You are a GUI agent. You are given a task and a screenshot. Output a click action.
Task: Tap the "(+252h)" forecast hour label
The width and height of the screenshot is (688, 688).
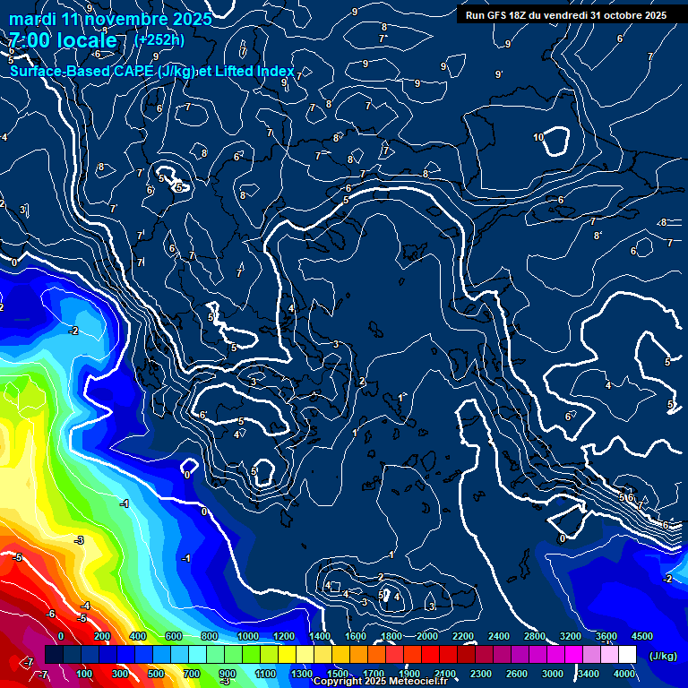[159, 39]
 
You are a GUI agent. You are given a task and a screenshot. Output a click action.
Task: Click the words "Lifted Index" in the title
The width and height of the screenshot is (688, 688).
[253, 71]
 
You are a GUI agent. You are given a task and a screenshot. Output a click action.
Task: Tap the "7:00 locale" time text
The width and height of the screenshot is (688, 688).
[62, 41]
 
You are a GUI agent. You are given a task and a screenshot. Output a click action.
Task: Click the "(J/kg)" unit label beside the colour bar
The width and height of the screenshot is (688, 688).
[662, 657]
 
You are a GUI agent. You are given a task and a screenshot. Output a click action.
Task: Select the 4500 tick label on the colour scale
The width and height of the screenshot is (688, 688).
[641, 636]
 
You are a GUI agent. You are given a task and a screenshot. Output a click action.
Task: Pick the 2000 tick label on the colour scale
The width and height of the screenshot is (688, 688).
[426, 636]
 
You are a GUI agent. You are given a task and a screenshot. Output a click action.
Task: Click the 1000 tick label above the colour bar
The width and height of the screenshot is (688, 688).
[247, 636]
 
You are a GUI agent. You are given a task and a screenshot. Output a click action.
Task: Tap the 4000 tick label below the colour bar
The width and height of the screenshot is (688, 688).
[624, 674]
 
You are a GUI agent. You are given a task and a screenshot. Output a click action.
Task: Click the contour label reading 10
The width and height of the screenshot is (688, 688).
[538, 137]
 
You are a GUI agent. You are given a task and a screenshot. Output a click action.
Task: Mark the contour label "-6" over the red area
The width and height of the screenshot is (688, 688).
[51, 614]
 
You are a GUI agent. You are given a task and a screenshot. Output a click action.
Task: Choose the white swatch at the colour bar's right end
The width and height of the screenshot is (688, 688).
[627, 655]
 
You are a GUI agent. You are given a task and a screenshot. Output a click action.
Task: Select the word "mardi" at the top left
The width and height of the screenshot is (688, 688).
[31, 19]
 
